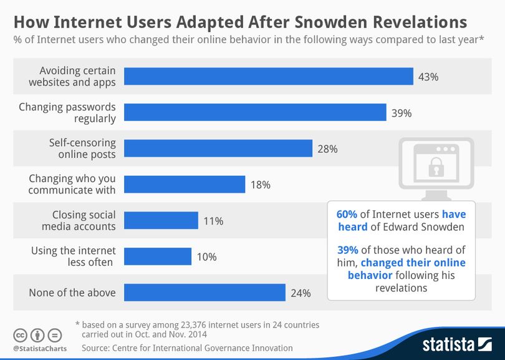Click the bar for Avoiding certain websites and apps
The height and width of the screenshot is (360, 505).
(x=269, y=76)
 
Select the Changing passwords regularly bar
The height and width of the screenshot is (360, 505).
(x=255, y=112)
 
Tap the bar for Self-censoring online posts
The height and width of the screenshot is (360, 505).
(x=218, y=148)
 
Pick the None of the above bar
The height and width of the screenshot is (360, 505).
(x=205, y=293)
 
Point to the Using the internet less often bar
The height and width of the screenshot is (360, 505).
(x=158, y=256)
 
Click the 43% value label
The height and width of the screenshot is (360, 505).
(x=428, y=77)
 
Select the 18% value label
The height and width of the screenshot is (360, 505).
(x=260, y=185)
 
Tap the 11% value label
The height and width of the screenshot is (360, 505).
(x=213, y=221)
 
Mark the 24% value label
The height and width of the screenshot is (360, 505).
(x=301, y=293)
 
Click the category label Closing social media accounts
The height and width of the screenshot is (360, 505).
(x=79, y=220)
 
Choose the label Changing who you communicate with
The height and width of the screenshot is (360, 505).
(x=72, y=184)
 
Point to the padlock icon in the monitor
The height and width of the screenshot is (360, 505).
(x=436, y=167)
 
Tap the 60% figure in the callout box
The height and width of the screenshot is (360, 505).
(x=347, y=215)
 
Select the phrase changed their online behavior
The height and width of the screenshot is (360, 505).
(x=407, y=269)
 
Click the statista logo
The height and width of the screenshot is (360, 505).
(x=457, y=344)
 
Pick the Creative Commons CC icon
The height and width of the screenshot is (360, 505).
(x=20, y=336)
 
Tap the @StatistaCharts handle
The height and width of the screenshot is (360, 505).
(x=40, y=348)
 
